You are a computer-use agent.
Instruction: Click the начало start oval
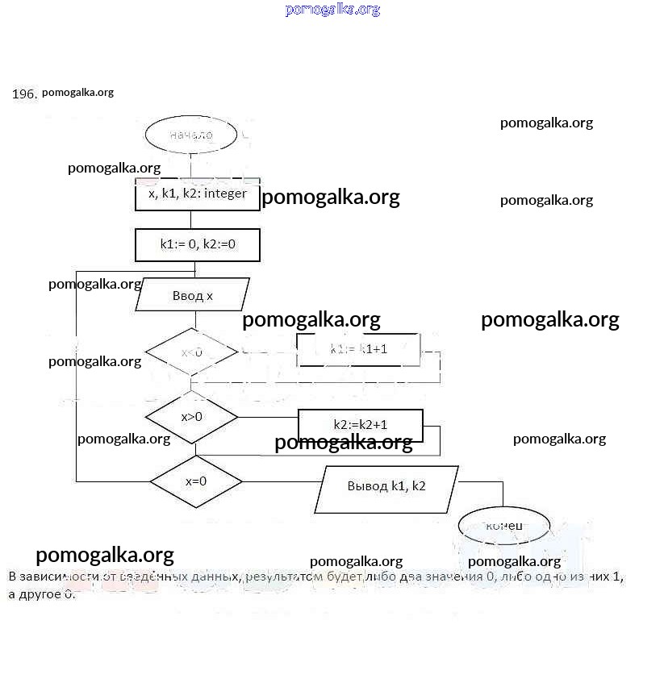point(191,135)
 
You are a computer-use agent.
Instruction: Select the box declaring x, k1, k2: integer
point(197,194)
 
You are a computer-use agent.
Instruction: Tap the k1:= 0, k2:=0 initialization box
point(197,244)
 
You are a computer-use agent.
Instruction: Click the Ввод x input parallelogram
point(192,296)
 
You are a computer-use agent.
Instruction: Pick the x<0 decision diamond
point(191,352)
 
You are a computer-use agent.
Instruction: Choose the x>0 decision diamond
point(191,417)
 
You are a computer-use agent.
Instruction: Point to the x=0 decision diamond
point(196,481)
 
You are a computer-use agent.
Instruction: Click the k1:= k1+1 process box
point(358,349)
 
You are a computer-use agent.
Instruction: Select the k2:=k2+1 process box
point(361,424)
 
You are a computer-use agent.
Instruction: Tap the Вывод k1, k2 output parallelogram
point(386,486)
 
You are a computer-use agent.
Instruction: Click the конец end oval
point(504,526)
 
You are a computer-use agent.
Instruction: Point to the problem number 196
point(24,94)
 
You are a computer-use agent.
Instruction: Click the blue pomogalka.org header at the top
point(332,10)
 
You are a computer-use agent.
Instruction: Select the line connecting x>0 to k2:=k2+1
point(268,418)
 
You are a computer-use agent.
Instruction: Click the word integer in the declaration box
point(225,194)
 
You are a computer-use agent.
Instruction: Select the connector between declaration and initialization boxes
point(191,219)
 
